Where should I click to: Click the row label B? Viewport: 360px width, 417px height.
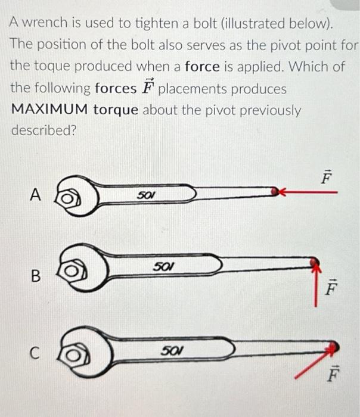pyautogui.click(x=35, y=276)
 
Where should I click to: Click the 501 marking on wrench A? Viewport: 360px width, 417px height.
pyautogui.click(x=145, y=194)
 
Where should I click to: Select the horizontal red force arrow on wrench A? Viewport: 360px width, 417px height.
pyautogui.click(x=310, y=192)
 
